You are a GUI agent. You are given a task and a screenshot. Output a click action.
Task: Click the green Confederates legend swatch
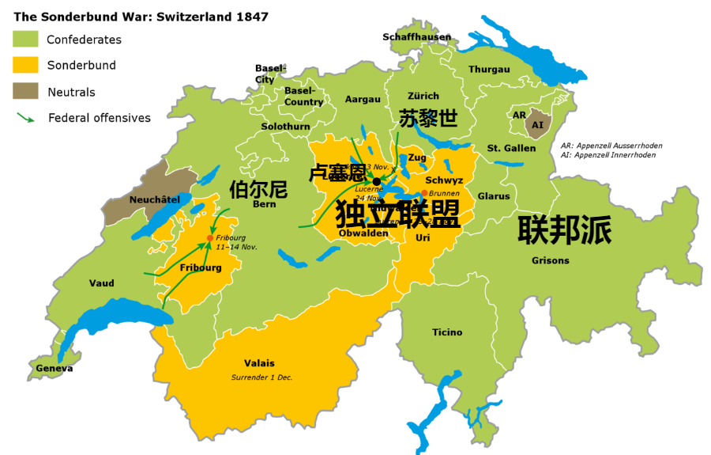[25, 39]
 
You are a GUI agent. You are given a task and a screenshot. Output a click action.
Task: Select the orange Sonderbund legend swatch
[25, 65]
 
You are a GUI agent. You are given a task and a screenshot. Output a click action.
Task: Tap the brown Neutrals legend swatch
[25, 91]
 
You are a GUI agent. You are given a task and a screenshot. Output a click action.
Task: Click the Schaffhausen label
[416, 37]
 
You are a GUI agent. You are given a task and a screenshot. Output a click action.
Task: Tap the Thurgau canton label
[489, 70]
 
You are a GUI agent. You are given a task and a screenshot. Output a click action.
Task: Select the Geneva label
[55, 369]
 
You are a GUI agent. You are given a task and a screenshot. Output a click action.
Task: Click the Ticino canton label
[447, 332]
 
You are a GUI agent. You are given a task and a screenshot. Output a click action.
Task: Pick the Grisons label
[550, 260]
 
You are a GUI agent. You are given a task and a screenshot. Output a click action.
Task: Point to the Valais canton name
[259, 363]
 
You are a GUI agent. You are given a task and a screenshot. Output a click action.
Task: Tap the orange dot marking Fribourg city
[209, 237]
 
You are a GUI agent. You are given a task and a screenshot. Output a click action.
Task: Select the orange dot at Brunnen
[424, 193]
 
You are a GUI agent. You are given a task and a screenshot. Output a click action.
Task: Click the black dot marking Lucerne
[377, 181]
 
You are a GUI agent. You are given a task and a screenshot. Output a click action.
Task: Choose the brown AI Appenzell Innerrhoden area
[538, 125]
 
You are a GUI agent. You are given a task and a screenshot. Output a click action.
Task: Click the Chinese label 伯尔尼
[258, 190]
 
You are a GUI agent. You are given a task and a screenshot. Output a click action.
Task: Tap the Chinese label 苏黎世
[428, 119]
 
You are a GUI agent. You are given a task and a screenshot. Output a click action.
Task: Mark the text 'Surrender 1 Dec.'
[261, 377]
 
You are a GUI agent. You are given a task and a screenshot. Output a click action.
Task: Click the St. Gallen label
[511, 148]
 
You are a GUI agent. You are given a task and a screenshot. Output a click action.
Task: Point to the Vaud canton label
[101, 283]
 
